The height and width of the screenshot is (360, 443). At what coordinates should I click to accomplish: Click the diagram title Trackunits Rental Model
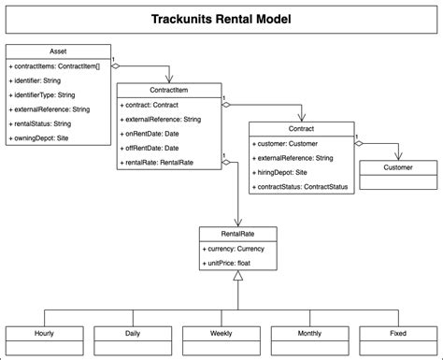click(x=221, y=19)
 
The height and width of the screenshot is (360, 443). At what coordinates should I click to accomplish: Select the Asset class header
click(x=58, y=51)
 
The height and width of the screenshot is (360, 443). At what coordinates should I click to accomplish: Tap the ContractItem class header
click(x=169, y=90)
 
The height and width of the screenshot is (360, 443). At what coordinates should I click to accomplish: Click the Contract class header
click(x=302, y=129)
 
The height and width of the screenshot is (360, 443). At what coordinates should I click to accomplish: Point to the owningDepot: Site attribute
click(x=42, y=138)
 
